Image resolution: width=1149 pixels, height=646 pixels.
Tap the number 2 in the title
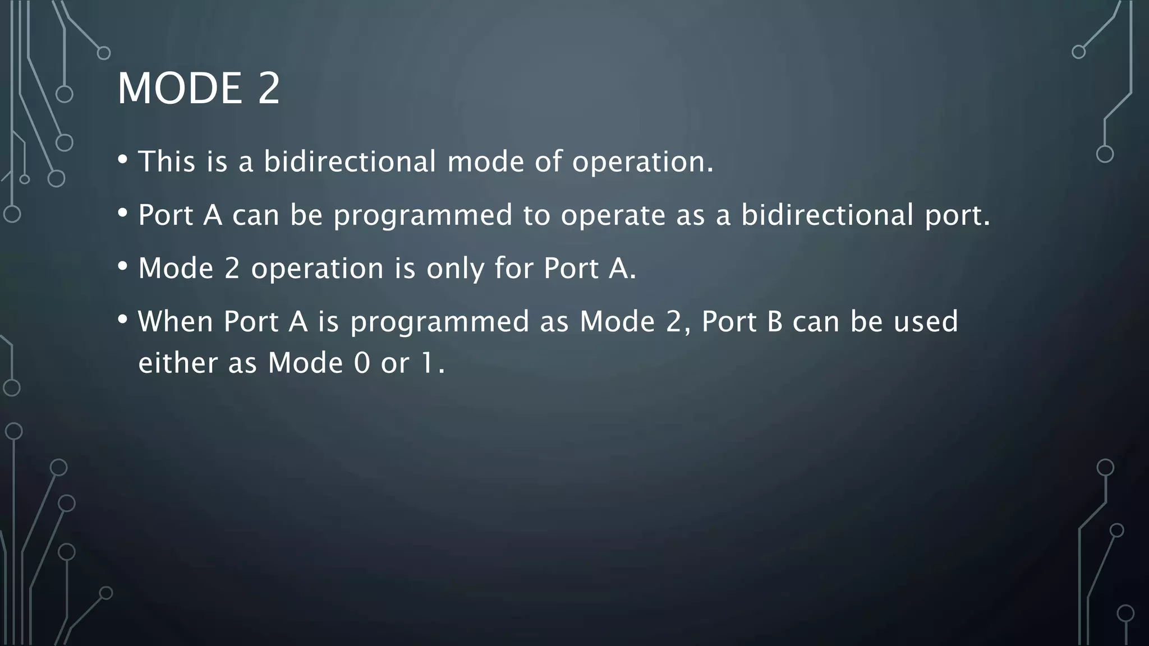tap(269, 88)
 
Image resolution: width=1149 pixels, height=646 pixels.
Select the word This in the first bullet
tap(167, 161)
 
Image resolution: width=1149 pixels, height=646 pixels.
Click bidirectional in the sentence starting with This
tap(350, 161)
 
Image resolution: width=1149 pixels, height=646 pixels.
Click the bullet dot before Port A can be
tap(123, 213)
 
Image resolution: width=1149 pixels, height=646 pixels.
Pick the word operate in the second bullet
tap(613, 215)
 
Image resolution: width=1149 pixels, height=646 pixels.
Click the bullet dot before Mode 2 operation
tap(123, 266)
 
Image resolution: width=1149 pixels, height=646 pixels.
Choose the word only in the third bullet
tap(455, 269)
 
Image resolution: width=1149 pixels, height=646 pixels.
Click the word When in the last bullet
tap(176, 322)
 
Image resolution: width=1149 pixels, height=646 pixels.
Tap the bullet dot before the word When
tap(123, 320)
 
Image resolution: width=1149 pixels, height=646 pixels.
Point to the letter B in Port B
tap(774, 322)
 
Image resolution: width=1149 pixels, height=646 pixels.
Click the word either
tap(178, 363)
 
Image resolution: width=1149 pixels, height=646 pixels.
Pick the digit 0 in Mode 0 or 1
tap(362, 363)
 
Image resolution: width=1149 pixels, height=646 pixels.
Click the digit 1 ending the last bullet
tap(428, 363)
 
